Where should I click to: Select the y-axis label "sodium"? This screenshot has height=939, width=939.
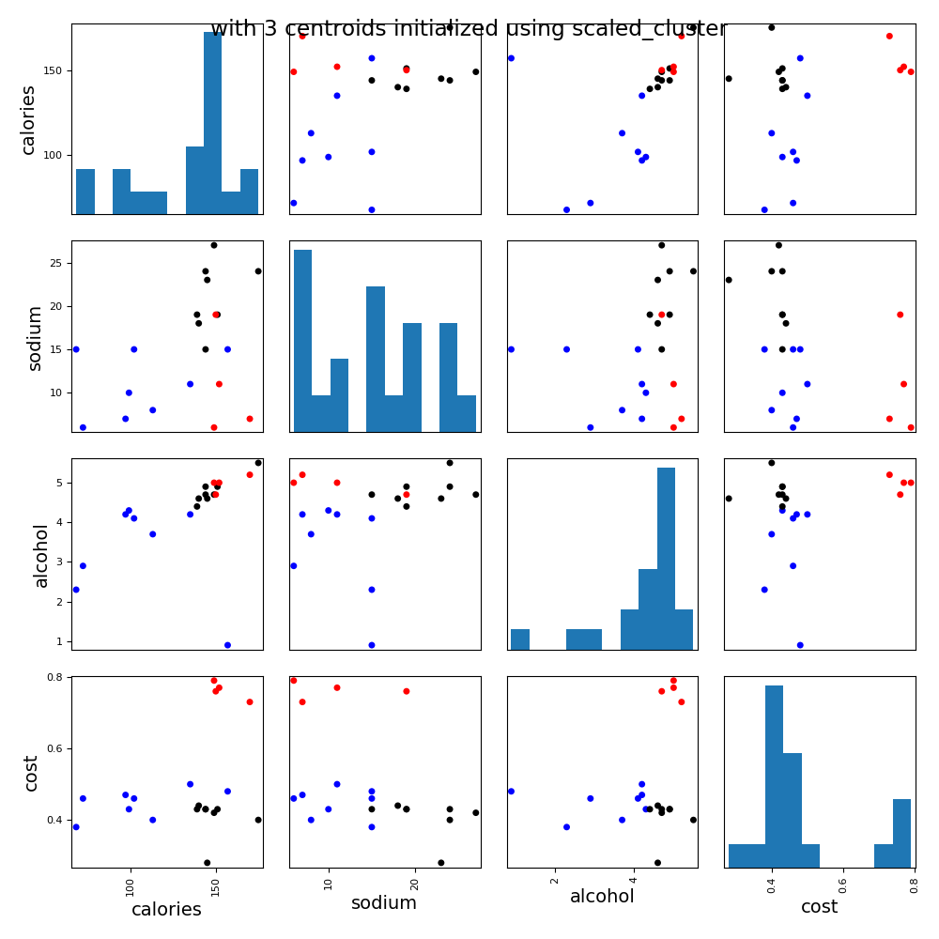point(35,337)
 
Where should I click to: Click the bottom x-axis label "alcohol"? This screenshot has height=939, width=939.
point(602,897)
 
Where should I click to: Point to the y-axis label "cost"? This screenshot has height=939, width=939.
point(31,773)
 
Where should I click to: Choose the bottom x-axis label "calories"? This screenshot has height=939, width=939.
point(166,909)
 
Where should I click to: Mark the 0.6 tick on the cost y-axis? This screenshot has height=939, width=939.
point(53,748)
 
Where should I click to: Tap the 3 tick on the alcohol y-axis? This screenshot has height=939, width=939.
point(58,562)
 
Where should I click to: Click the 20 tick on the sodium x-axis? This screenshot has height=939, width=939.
point(414,883)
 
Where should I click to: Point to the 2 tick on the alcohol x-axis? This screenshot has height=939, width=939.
point(555,883)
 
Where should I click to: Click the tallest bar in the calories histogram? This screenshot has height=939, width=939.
point(213,122)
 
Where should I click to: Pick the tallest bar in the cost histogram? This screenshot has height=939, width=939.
point(774,776)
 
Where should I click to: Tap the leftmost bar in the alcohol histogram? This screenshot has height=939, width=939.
point(519,639)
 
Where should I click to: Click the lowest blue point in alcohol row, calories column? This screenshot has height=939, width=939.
point(227,645)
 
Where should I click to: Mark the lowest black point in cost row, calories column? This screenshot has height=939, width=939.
point(208,862)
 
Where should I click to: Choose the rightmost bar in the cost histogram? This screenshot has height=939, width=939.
point(901,833)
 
